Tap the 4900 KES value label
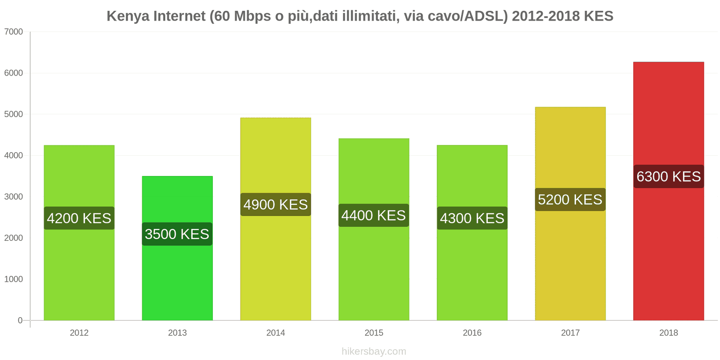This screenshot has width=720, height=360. [x=275, y=205]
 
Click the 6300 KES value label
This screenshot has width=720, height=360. [x=668, y=176]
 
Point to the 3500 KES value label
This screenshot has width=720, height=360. [x=177, y=234]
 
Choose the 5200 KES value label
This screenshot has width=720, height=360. [x=570, y=200]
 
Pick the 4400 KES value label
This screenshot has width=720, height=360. [x=373, y=216]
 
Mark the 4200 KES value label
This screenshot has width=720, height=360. [x=79, y=218]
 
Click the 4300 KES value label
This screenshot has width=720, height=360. [x=472, y=218]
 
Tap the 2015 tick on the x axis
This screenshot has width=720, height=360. [x=373, y=333]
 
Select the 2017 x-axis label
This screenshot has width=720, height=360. [x=570, y=333]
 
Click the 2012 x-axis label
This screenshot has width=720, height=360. [x=79, y=333]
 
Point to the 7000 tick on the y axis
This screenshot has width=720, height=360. [x=13, y=32]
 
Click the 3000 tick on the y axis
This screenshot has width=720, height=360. [x=13, y=197]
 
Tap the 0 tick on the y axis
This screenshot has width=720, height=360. [x=20, y=320]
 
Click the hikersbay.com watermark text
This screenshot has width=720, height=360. [x=373, y=351]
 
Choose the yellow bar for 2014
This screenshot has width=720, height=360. [x=275, y=270]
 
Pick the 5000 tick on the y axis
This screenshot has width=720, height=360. [x=13, y=114]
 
